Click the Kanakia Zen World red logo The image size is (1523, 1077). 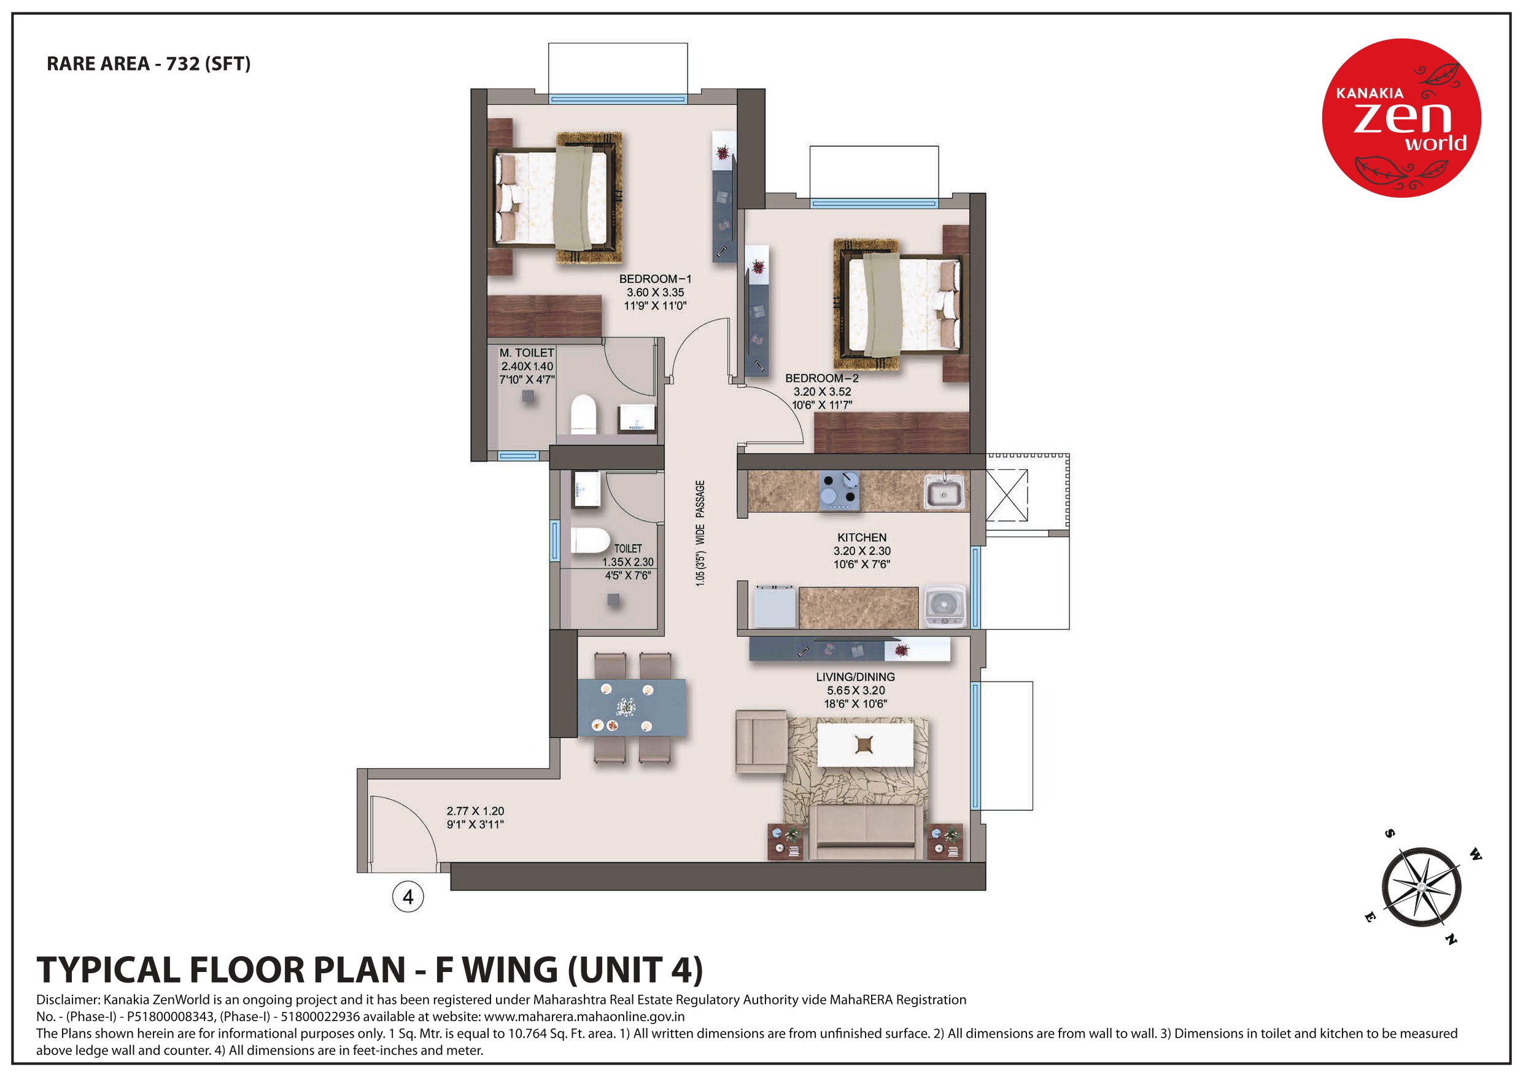[1401, 117]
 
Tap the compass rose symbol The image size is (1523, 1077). [1422, 887]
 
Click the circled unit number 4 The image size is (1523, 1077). [408, 896]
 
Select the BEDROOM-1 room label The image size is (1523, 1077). [656, 279]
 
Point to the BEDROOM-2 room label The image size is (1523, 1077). [822, 378]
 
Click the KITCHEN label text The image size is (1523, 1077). [862, 537]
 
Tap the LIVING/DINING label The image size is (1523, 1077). [856, 677]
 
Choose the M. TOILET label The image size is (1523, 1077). [527, 353]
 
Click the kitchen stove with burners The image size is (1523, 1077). [839, 491]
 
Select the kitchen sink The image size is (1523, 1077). [944, 492]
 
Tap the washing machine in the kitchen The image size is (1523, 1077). [944, 605]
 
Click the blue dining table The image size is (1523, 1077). [632, 707]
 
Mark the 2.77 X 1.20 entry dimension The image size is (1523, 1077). [475, 811]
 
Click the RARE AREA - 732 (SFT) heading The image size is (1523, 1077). [149, 64]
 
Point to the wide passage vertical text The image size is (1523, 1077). [700, 534]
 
